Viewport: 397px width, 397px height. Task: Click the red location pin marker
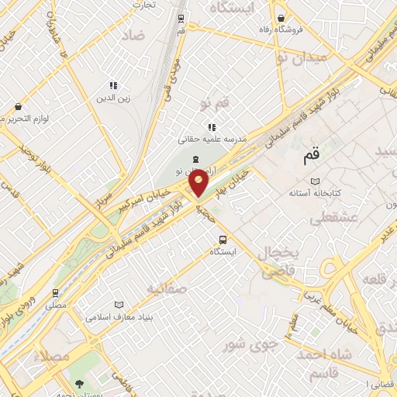198,185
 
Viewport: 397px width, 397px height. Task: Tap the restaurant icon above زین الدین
113,85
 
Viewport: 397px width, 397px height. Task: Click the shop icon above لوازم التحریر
17,106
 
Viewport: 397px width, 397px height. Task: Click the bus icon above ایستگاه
223,239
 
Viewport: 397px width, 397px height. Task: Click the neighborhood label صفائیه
165,289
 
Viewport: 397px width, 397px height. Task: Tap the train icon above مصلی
55,293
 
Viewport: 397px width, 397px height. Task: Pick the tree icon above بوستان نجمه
81,383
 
